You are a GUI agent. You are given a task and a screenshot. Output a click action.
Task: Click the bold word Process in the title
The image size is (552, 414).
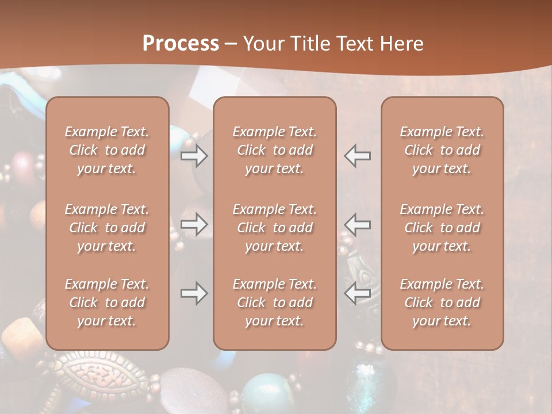[x=181, y=44]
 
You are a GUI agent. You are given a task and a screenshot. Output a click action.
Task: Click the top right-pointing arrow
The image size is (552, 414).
[x=194, y=156]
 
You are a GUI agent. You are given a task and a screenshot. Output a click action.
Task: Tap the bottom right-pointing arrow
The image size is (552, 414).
[x=194, y=293]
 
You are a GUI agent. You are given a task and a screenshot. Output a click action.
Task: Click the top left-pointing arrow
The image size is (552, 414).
[x=357, y=156]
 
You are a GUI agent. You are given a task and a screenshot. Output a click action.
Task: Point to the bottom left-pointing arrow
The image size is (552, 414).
[x=357, y=293]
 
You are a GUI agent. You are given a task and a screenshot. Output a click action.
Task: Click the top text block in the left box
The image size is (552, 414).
[x=107, y=150]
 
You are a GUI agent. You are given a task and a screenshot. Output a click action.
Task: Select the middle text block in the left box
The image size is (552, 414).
[x=107, y=228]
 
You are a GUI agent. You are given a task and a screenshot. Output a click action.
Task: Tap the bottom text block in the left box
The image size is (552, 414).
[x=107, y=302]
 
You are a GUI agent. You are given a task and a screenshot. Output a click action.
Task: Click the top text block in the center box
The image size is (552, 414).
[x=274, y=150]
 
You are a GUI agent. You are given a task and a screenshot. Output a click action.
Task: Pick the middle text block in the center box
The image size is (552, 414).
[x=274, y=228]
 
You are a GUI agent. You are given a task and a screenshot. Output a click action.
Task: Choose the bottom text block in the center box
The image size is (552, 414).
[x=274, y=302]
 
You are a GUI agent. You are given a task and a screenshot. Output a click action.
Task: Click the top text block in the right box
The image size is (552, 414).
[x=442, y=150]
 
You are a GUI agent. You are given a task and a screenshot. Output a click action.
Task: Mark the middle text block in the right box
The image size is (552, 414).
[x=442, y=228]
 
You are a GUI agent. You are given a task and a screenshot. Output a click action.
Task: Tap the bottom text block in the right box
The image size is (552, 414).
[x=442, y=302]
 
